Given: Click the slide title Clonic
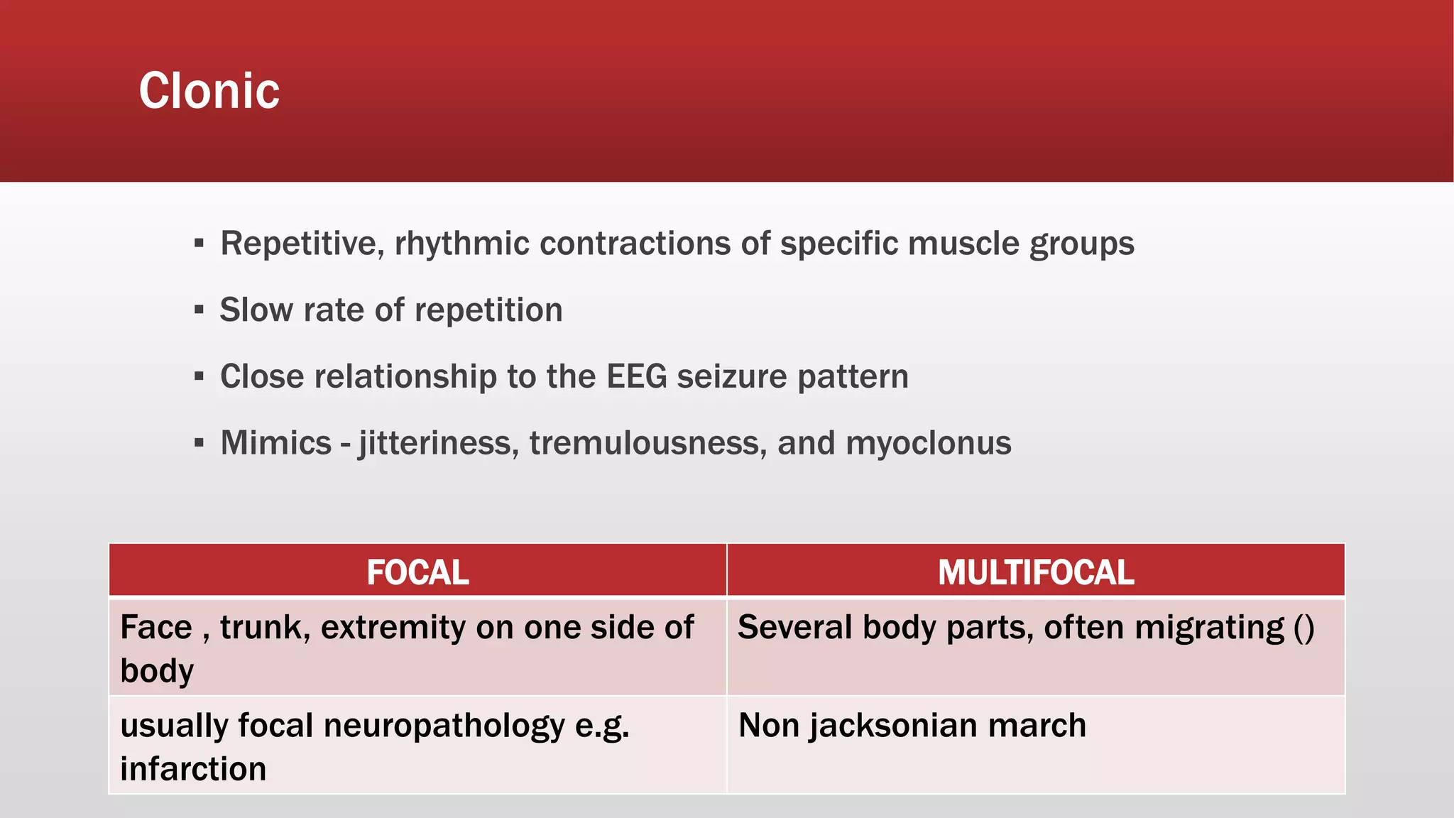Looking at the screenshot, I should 209,91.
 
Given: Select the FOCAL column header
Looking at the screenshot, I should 417,572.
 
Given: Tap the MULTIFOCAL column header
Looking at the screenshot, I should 1036,572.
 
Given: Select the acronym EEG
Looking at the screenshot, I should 636,376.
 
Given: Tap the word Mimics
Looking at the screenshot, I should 276,443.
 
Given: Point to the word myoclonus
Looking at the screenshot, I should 928,443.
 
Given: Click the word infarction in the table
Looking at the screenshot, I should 193,769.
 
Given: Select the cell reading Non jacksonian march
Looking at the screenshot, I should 912,726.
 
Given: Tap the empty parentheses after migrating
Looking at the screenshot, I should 1304,628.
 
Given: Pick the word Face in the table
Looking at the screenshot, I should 156,628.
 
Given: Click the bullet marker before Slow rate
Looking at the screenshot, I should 199,310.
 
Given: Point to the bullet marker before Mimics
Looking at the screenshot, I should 199,444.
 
